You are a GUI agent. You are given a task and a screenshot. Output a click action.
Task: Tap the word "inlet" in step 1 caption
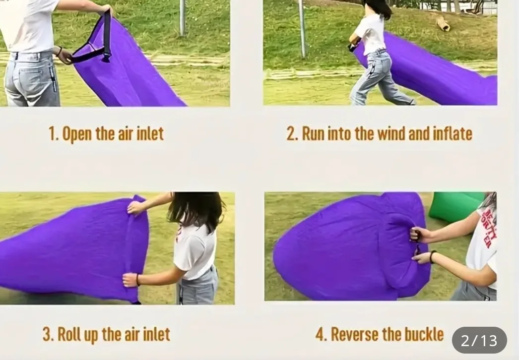click(x=148, y=134)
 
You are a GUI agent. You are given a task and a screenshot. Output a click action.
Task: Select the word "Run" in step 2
click(x=313, y=134)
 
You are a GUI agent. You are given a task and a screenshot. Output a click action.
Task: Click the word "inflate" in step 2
click(x=452, y=134)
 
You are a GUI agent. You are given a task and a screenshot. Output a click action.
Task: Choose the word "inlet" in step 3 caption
click(x=154, y=334)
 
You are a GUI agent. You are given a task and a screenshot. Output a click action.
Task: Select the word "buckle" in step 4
click(x=424, y=334)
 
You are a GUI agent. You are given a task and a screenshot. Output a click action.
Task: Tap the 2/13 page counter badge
click(x=479, y=341)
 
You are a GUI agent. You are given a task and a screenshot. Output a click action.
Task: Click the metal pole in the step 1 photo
click(x=182, y=17)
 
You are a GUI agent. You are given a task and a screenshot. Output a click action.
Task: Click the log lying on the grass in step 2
click(x=443, y=23)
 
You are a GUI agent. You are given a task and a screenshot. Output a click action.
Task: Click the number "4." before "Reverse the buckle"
click(x=321, y=334)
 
